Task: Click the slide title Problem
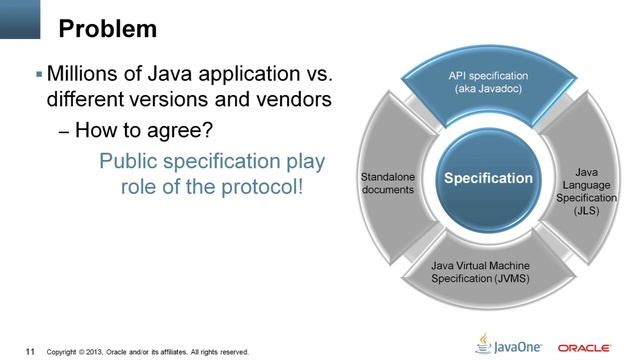(107, 29)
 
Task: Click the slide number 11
(30, 351)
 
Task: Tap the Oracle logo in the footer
(585, 347)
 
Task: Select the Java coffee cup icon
(484, 342)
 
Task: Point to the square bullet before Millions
(39, 76)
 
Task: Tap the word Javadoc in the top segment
(506, 89)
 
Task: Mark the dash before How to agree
(65, 131)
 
